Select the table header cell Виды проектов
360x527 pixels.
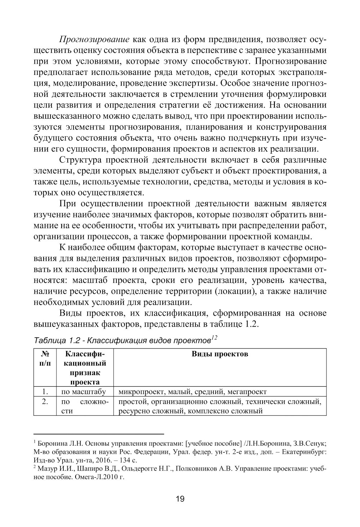coord(220,354)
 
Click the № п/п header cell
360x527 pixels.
coord(45,359)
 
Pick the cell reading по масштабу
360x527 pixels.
coord(84,392)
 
